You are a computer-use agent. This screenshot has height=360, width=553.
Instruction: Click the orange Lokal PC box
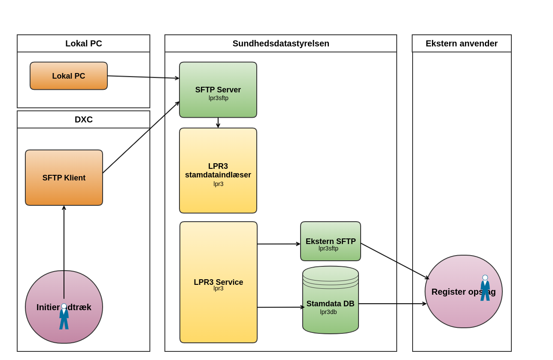point(69,76)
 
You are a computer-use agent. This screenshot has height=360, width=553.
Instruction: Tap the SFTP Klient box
point(64,177)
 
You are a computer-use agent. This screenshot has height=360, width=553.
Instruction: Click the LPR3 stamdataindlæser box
point(218,171)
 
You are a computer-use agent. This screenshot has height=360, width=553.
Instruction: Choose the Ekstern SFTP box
point(331,241)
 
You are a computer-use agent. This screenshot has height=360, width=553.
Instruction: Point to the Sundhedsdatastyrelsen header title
point(281,43)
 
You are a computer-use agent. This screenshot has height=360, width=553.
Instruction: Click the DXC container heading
point(84,119)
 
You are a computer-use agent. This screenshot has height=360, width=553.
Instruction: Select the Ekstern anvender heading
point(462,43)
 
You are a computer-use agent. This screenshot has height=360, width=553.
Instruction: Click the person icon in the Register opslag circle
point(485,288)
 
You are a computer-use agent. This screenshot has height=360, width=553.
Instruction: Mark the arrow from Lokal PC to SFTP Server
point(143,77)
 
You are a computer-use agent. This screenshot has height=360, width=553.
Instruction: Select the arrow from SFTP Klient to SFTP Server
point(141,137)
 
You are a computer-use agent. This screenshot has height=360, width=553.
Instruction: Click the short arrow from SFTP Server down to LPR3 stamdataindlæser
point(218,123)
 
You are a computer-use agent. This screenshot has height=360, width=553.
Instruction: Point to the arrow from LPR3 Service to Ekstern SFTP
point(279,244)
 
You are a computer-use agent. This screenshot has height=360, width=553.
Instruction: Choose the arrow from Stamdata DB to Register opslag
point(392,304)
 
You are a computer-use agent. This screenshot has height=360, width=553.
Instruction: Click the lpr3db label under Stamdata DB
point(328,312)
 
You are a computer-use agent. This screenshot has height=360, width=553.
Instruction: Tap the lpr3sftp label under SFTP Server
point(219,98)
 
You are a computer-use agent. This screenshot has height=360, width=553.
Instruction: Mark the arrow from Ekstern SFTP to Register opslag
point(395,261)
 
